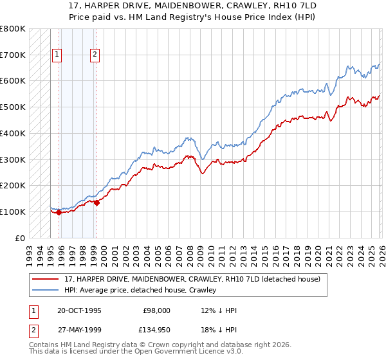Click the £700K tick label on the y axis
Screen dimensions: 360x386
click(x=13, y=55)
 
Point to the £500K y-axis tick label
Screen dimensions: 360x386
click(x=13, y=107)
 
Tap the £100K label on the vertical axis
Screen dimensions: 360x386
click(x=13, y=212)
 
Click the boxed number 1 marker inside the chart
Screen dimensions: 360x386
click(x=57, y=55)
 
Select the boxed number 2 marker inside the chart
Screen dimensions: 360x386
click(x=95, y=55)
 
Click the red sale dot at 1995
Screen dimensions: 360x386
click(x=59, y=212)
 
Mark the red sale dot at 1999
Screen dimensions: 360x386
click(x=96, y=203)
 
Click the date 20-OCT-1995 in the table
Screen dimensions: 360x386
click(x=79, y=310)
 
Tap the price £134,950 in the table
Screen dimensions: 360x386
click(x=156, y=329)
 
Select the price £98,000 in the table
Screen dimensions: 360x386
click(x=156, y=310)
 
